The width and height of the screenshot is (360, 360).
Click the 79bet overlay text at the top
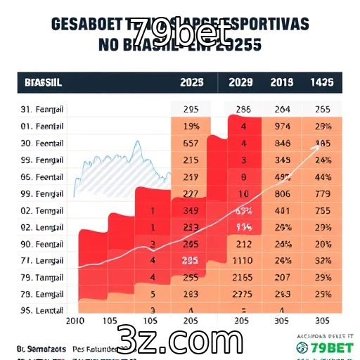[181, 32]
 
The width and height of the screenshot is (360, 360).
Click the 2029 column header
[241, 82]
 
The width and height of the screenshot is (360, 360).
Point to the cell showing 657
[190, 143]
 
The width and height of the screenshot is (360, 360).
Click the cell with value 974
[283, 127]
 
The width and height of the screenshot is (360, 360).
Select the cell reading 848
[283, 143]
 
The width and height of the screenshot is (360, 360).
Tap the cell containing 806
[283, 193]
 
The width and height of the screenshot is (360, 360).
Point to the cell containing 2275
[241, 294]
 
